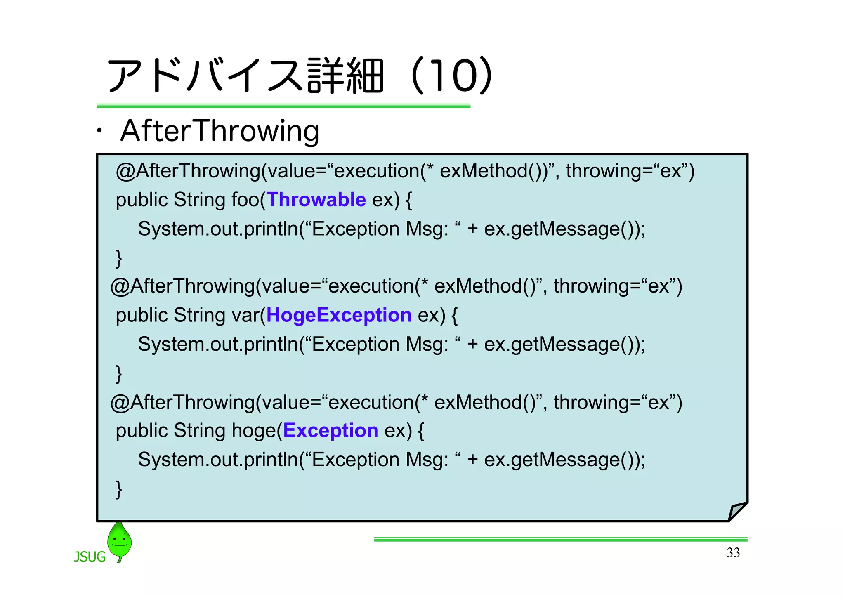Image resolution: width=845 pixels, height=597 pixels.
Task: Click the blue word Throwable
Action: pyautogui.click(x=316, y=200)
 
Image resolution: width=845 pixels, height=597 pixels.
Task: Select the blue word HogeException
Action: pyautogui.click(x=339, y=315)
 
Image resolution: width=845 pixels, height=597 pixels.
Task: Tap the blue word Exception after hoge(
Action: pyautogui.click(x=330, y=431)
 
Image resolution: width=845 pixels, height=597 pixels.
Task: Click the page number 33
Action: pyautogui.click(x=733, y=552)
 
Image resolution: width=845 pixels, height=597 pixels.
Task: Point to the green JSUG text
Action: pyautogui.click(x=90, y=557)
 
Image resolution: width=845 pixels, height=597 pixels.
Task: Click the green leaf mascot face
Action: pyautogui.click(x=119, y=540)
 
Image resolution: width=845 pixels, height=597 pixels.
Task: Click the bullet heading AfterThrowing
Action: pyautogui.click(x=220, y=131)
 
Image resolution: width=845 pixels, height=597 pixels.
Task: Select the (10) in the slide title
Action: pyautogui.click(x=452, y=76)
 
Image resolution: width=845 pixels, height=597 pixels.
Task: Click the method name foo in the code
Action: pyautogui.click(x=245, y=200)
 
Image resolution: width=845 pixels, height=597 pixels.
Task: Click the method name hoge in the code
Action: pyautogui.click(x=253, y=431)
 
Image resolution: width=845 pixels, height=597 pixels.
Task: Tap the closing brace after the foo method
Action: pyautogui.click(x=119, y=258)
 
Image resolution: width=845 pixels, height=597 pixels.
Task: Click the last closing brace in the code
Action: pyautogui.click(x=119, y=489)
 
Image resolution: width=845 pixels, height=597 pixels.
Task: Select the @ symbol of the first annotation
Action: pyautogui.click(x=125, y=171)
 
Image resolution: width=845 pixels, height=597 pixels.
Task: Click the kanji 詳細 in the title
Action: pyautogui.click(x=346, y=76)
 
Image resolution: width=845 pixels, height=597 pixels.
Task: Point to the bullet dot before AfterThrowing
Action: pyautogui.click(x=99, y=132)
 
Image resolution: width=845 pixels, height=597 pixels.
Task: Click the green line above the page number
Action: pyautogui.click(x=560, y=539)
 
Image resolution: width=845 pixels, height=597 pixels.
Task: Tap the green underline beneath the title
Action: pyautogui.click(x=283, y=106)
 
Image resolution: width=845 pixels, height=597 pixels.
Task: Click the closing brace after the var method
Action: pyautogui.click(x=119, y=374)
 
